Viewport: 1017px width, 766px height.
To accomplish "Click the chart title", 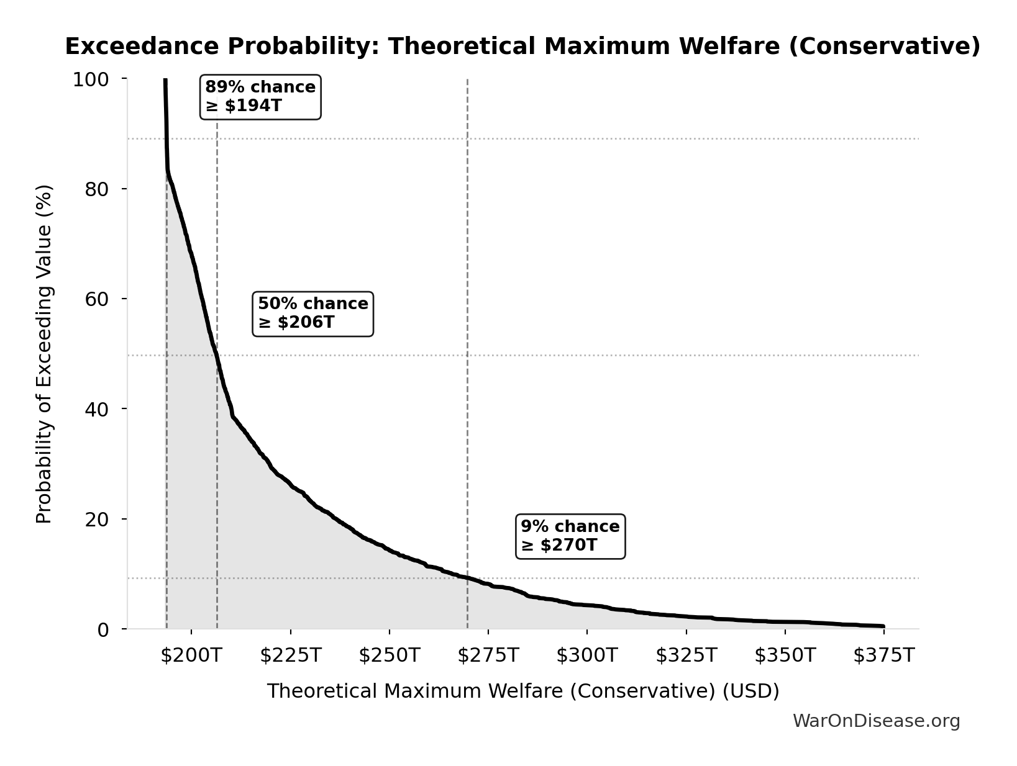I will coord(522,47).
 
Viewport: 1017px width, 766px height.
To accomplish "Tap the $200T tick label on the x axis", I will coord(191,656).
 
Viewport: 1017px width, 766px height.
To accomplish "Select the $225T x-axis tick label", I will coord(290,656).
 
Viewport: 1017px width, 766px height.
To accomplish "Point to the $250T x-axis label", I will coord(390,656).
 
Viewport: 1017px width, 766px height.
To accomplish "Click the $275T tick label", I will coord(488,656).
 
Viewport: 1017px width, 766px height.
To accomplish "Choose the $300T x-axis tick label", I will coord(587,656).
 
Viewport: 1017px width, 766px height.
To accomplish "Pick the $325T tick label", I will coord(686,656).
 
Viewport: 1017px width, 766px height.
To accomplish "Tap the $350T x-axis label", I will coord(785,656).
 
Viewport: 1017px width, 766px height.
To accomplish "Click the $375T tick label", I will coord(884,656).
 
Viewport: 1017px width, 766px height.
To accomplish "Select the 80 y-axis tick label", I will coord(97,189).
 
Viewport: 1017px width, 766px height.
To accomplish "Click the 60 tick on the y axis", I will coord(97,299).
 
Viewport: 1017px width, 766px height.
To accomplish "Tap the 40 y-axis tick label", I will coord(97,409).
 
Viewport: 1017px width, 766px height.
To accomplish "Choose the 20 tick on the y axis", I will coord(97,519).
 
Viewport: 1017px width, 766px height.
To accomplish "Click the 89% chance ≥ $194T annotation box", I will coord(260,97).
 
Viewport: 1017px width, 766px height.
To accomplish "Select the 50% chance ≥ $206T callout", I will coord(313,313).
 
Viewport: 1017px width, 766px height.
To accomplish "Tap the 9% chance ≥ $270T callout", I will coord(570,536).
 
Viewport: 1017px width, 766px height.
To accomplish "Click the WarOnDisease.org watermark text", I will coord(876,721).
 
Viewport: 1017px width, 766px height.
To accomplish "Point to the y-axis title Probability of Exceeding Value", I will coord(44,354).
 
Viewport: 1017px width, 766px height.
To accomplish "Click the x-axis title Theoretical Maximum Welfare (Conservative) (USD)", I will coord(523,691).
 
